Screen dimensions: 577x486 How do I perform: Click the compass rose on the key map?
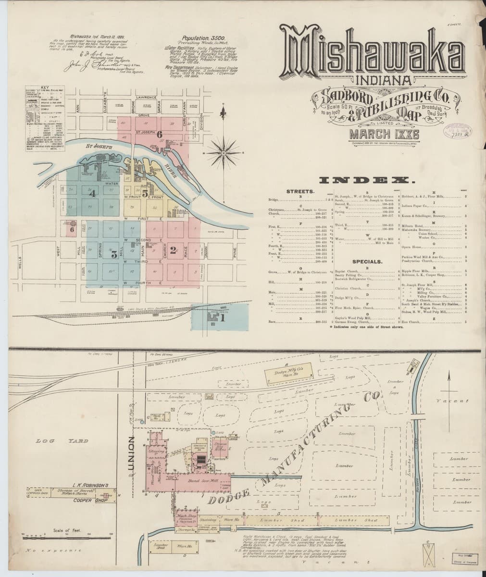(224, 153)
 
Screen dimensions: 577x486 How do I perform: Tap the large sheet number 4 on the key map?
(93, 193)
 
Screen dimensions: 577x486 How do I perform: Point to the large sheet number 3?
(114, 255)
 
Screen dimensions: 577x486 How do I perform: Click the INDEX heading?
(367, 180)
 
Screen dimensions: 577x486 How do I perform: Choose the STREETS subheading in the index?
(300, 191)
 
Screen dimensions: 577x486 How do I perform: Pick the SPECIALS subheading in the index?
(367, 262)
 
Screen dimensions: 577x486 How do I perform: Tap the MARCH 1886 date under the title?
(378, 134)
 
